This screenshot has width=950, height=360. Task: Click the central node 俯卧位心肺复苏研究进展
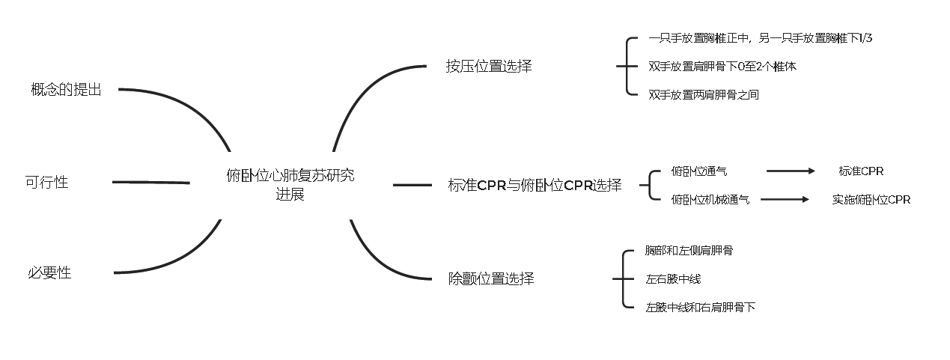290,185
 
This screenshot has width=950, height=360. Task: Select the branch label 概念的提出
66,90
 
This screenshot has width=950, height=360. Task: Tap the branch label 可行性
46,182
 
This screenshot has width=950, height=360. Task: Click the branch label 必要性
49,273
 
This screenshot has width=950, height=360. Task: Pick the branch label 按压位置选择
489,66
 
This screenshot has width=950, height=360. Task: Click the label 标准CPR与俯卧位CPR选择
535,186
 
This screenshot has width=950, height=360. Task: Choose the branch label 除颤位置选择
491,279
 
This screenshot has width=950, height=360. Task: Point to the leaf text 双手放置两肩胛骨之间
704,95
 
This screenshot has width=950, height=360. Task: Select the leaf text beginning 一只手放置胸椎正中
760,38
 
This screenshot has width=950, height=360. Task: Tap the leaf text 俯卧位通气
698,171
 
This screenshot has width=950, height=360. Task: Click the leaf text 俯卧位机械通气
710,200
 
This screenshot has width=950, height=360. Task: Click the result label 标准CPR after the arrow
861,171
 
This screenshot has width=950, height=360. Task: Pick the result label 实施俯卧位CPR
871,200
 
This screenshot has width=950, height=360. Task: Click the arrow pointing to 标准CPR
791,171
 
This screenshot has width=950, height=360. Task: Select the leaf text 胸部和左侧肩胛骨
689,251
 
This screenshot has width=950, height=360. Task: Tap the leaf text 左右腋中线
673,279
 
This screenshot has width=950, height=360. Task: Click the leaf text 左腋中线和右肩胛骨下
700,308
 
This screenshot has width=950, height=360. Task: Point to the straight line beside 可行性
150,182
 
